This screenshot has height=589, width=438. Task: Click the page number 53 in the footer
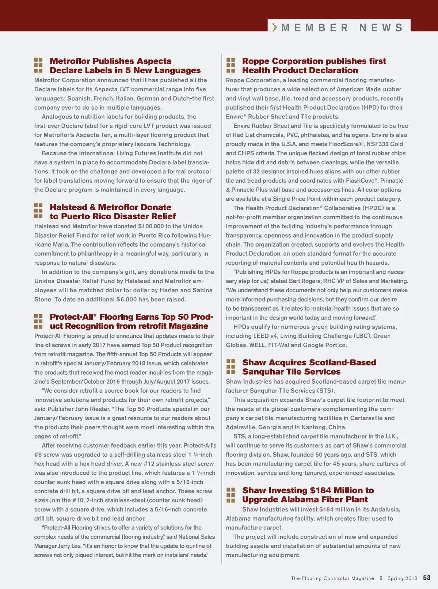(427, 578)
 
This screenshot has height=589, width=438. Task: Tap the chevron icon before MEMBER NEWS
(275, 27)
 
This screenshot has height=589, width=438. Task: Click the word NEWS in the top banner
(381, 28)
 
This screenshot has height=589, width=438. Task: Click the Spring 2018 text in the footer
(402, 578)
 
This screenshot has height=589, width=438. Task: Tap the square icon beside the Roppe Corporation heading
(231, 65)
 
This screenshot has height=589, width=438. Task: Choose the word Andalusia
(385, 509)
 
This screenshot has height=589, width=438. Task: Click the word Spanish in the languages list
(79, 98)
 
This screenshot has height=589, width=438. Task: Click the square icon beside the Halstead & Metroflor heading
(38, 212)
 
